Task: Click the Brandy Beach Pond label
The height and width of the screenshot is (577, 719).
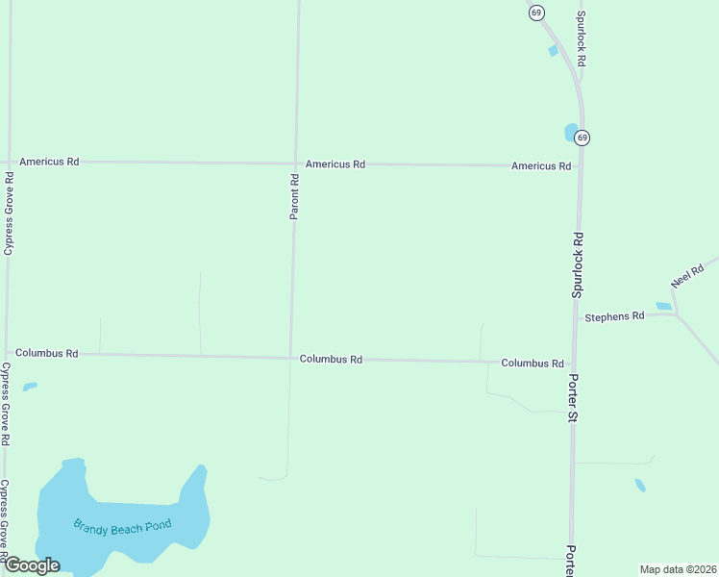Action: [122, 526]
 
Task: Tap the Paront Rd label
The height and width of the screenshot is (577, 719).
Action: [295, 195]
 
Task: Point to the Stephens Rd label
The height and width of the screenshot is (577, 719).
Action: [614, 315]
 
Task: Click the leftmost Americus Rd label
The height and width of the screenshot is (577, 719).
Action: [49, 162]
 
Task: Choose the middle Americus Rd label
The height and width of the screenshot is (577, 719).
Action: [335, 164]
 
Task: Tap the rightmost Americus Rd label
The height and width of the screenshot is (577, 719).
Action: [541, 166]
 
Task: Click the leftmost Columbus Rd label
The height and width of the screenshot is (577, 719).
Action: [46, 353]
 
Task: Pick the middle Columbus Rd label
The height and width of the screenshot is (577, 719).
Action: [331, 359]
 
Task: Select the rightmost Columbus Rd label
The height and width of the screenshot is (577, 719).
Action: [532, 364]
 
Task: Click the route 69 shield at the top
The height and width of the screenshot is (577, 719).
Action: [536, 13]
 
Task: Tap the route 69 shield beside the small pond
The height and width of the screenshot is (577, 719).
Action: [583, 138]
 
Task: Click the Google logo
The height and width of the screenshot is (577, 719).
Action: [32, 565]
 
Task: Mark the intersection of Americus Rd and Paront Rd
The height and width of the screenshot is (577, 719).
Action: [294, 163]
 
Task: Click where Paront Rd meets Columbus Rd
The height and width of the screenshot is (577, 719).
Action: [290, 358]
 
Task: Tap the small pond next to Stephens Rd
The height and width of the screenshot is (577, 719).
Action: [663, 307]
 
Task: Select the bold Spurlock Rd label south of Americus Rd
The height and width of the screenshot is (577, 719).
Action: [578, 263]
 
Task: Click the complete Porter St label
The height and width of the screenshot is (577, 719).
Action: [573, 398]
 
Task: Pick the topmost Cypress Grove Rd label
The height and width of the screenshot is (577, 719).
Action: [9, 213]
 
